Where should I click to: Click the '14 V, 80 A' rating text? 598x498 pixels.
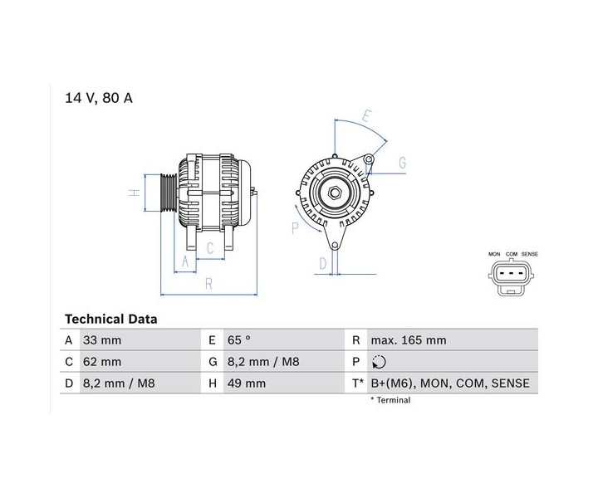click(x=99, y=98)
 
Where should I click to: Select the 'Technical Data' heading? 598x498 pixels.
click(x=111, y=319)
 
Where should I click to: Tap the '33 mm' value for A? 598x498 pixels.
click(x=102, y=339)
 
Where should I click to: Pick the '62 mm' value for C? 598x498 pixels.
click(x=102, y=362)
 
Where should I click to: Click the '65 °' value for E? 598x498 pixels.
click(x=238, y=339)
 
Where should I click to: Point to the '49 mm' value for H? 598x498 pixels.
click(x=247, y=383)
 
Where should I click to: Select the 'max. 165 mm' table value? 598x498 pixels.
click(x=409, y=339)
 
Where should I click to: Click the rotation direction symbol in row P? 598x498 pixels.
click(x=379, y=362)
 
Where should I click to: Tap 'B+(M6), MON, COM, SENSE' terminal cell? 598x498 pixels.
click(x=450, y=383)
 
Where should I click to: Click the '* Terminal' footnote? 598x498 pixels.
click(x=390, y=400)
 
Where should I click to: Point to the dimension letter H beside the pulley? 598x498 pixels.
click(x=135, y=193)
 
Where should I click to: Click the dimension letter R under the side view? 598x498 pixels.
click(x=208, y=284)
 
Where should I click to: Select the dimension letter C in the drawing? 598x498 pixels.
click(x=210, y=248)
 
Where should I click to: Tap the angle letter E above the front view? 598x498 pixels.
click(x=366, y=115)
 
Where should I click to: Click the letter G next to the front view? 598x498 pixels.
click(x=402, y=163)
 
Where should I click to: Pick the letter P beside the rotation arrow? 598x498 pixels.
click(x=295, y=228)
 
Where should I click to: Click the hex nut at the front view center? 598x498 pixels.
click(x=334, y=193)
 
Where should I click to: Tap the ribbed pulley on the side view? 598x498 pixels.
click(x=168, y=193)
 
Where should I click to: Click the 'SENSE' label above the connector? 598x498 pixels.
click(x=529, y=254)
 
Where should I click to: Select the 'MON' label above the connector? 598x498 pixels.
click(x=494, y=254)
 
